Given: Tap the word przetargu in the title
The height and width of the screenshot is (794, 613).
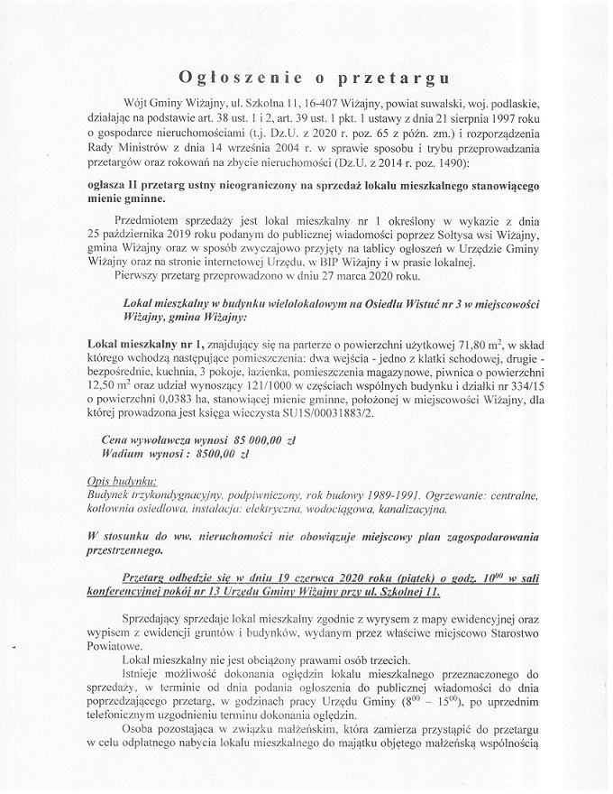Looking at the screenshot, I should (x=403, y=75).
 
